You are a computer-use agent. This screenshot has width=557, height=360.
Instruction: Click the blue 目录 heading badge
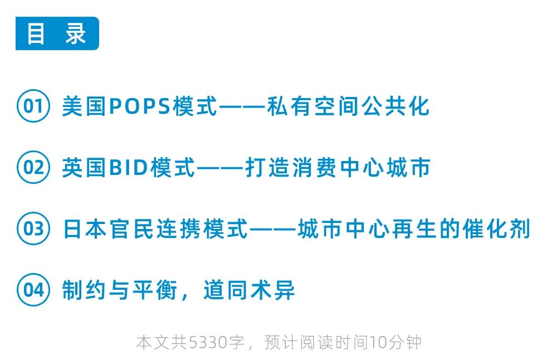(57, 34)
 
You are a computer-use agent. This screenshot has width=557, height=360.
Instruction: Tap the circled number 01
(33, 105)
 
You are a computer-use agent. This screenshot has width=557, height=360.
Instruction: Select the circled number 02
(33, 167)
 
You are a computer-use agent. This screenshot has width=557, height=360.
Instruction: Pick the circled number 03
(33, 229)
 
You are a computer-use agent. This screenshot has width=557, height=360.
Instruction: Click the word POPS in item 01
(139, 106)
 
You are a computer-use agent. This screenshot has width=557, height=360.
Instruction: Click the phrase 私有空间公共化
(348, 106)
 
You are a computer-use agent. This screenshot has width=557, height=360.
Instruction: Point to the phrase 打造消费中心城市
(338, 168)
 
